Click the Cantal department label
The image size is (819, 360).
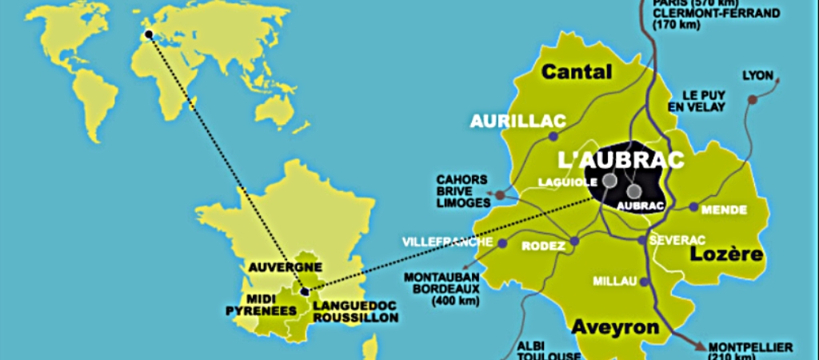(577, 72)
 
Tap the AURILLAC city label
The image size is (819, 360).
(517, 122)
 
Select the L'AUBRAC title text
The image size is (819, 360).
(610, 158)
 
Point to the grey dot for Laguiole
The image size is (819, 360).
(609, 182)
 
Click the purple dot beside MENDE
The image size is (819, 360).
(693, 206)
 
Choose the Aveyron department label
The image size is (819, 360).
(615, 326)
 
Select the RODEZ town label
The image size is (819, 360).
(542, 246)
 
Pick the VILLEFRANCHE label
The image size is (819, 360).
(448, 241)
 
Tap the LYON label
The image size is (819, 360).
(757, 76)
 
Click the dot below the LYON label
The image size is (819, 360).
(752, 99)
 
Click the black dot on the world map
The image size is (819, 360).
(148, 34)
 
